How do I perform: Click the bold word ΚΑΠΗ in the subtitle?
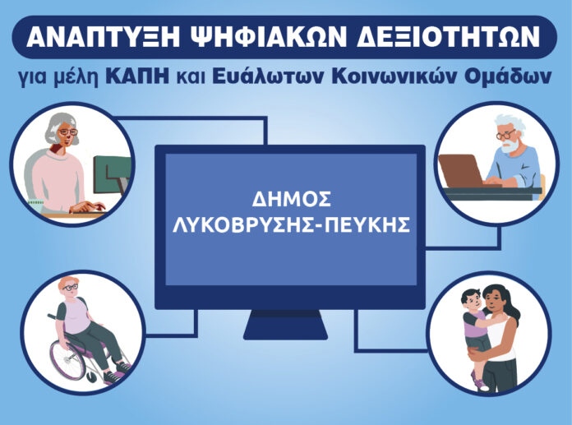tap(137, 76)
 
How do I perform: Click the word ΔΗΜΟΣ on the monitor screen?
tap(292, 199)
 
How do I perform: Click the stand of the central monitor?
tap(285, 325)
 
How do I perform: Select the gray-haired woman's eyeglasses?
tap(68, 132)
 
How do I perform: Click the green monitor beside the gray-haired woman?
tap(112, 174)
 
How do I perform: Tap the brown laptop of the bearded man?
tap(462, 171)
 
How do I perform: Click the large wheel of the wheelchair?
tap(68, 359)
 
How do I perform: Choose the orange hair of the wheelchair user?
tap(68, 282)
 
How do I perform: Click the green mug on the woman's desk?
tap(36, 206)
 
